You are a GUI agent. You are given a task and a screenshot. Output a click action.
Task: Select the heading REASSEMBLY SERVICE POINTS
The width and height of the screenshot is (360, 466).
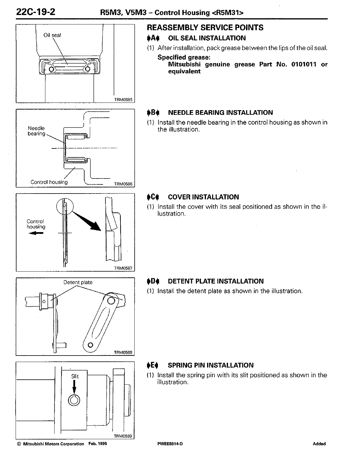[x=205, y=28]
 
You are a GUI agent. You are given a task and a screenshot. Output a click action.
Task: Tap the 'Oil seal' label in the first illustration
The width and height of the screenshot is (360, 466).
[x=52, y=35]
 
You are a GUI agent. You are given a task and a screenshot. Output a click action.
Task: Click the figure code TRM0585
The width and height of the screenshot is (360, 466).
[x=124, y=100]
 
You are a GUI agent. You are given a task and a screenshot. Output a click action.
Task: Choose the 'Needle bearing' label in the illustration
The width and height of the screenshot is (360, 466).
[x=37, y=131]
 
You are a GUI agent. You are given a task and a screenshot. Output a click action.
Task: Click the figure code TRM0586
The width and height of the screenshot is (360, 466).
[x=124, y=184]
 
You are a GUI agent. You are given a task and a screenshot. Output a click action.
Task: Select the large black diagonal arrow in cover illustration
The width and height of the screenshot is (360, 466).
[x=87, y=221]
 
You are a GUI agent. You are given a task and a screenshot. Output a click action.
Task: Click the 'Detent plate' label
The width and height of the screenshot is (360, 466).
[x=78, y=282]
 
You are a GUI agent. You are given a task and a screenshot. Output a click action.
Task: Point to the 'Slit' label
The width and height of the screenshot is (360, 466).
[x=75, y=376]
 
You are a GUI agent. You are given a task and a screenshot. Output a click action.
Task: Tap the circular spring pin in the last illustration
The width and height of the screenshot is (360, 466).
[x=74, y=400]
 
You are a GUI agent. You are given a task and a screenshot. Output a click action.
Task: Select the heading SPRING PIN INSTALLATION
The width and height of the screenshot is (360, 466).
[x=210, y=365]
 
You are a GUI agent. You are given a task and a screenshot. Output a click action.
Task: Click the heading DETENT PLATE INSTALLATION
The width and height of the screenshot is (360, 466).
[x=216, y=281]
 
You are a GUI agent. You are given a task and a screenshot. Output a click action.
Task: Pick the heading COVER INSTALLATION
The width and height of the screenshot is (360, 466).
[x=203, y=197]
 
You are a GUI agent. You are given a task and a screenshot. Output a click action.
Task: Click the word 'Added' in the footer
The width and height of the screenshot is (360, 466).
[x=319, y=444]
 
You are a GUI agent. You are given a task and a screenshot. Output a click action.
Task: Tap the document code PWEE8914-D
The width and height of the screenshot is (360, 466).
[x=170, y=444]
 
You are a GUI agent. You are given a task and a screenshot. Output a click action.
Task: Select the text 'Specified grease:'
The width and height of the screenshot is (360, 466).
[x=184, y=57]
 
